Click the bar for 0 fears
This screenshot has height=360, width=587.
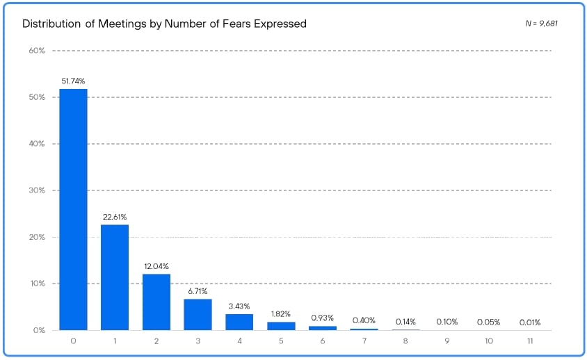73,209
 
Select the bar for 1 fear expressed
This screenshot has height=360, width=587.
115,277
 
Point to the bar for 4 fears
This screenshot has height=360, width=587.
239,322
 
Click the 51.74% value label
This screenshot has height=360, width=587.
73,81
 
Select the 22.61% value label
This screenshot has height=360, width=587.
115,217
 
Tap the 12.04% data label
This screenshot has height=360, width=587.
156,266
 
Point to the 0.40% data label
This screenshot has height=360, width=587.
364,320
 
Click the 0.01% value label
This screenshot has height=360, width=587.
530,322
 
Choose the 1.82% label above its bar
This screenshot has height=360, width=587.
281,314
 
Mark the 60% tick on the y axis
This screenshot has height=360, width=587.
37,51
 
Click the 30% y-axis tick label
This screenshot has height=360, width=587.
37,190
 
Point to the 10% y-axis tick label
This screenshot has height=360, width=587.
37,284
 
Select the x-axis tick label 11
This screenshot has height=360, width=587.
530,341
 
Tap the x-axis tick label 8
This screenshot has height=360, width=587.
405,341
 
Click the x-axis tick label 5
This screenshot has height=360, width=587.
281,341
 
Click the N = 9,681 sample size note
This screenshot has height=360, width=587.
542,24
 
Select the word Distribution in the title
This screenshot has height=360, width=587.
51,24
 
